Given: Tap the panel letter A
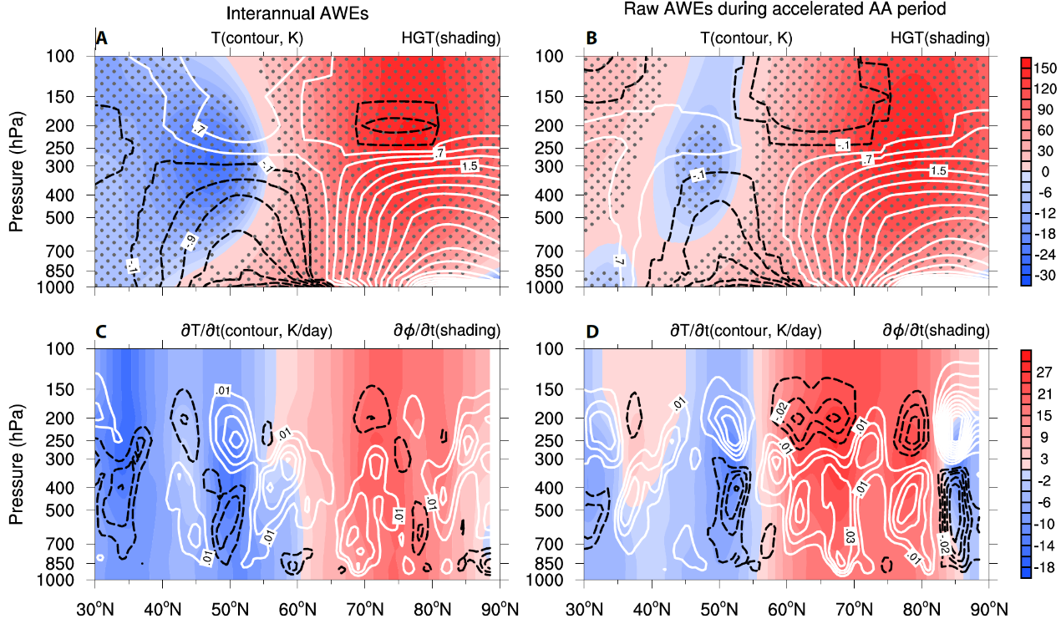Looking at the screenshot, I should click(102, 38).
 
